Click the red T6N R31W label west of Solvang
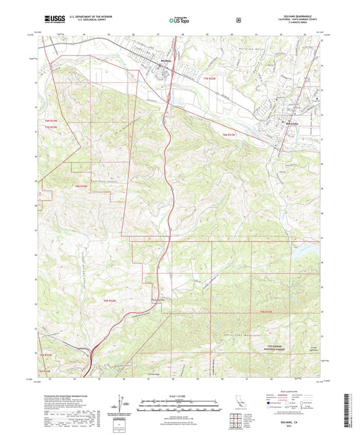click(229, 135)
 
